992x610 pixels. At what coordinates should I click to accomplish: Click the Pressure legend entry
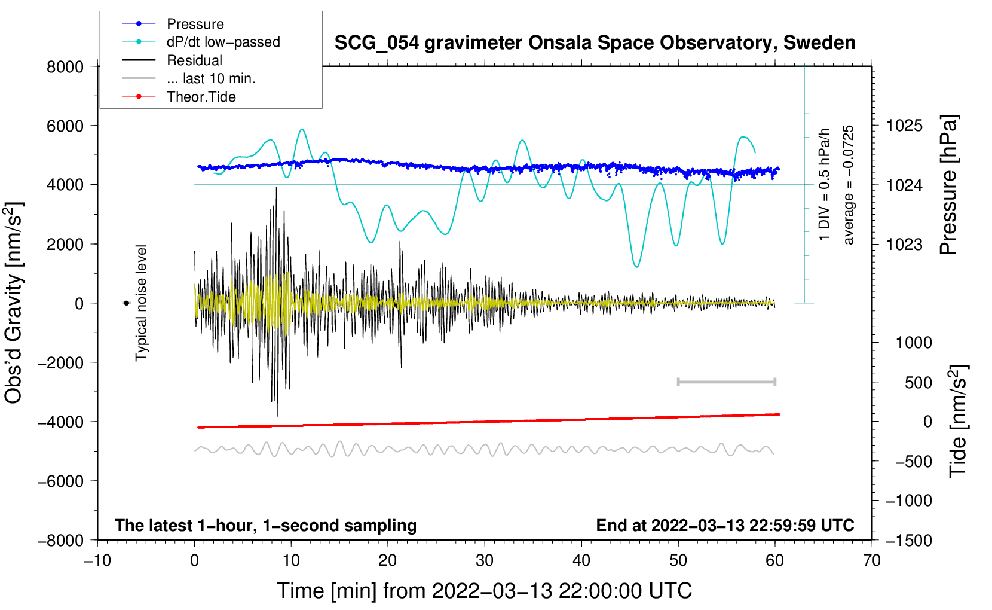pyautogui.click(x=195, y=24)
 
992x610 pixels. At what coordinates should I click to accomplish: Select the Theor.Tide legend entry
pyautogui.click(x=201, y=97)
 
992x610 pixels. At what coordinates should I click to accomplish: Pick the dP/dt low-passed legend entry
pyautogui.click(x=223, y=42)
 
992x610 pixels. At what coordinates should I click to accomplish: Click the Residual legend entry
pyautogui.click(x=194, y=60)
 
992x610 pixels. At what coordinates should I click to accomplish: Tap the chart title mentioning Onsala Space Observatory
pyautogui.click(x=595, y=43)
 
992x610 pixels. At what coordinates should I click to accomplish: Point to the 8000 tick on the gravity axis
pyautogui.click(x=65, y=66)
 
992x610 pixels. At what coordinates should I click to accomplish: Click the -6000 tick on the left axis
pyautogui.click(x=60, y=481)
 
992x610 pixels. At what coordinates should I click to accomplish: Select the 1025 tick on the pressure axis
pyautogui.click(x=904, y=126)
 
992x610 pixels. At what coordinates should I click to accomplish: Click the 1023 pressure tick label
pyautogui.click(x=904, y=244)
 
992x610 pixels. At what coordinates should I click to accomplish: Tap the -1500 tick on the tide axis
pyautogui.click(x=908, y=540)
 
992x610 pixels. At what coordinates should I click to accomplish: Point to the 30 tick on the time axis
pyautogui.click(x=485, y=560)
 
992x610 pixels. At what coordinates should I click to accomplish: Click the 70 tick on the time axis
pyautogui.click(x=872, y=560)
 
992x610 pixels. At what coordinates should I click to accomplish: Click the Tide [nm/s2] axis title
pyautogui.click(x=959, y=420)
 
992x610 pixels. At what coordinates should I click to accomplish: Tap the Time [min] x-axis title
pyautogui.click(x=484, y=591)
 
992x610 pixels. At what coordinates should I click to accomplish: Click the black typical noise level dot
pyautogui.click(x=127, y=303)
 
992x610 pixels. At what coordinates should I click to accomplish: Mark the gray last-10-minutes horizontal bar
pyautogui.click(x=726, y=382)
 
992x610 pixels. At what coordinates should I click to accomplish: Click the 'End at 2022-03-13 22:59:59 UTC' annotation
pyautogui.click(x=725, y=526)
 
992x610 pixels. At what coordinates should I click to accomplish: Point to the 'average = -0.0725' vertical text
pyautogui.click(x=849, y=185)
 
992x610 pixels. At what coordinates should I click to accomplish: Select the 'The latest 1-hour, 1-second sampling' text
pyautogui.click(x=265, y=526)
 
